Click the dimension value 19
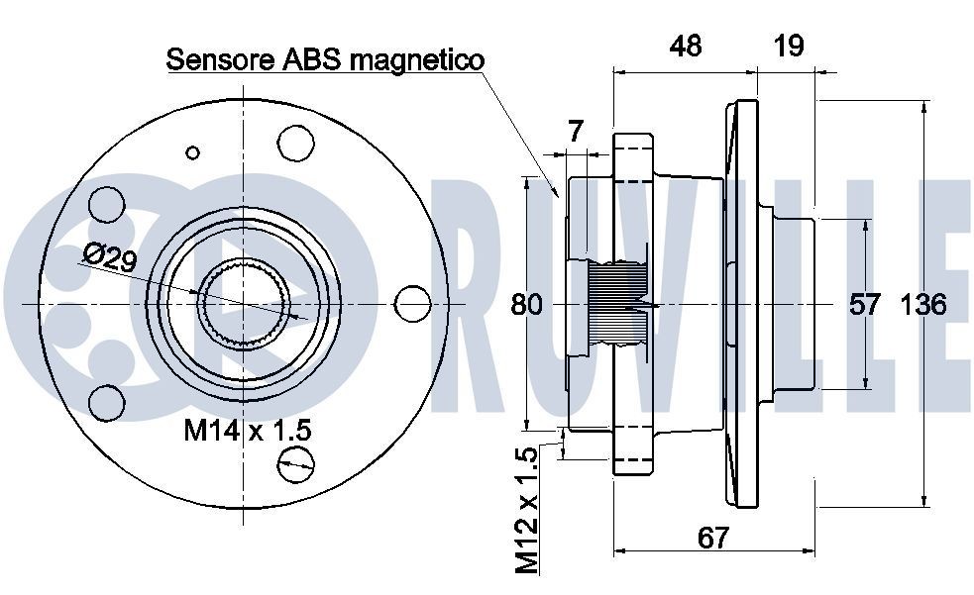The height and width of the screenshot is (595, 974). coord(788,45)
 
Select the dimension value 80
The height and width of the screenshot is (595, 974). coord(526,304)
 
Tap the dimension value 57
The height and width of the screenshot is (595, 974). coord(865,304)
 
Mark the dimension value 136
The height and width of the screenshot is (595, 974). coord(922,304)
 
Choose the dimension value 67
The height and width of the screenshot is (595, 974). coord(712,538)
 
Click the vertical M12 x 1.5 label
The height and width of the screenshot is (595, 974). coord(526,510)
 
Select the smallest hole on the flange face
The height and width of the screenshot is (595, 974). coord(193,152)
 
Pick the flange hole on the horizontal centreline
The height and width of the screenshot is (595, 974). coord(409,302)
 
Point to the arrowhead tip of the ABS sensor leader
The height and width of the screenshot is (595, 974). coord(560,197)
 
